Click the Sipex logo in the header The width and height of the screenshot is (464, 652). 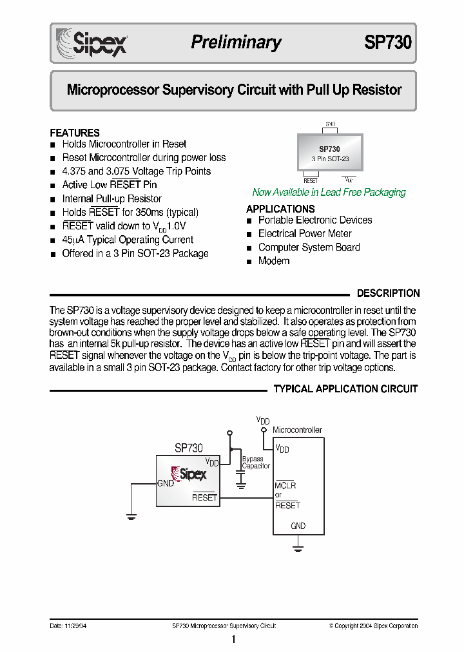pyautogui.click(x=92, y=43)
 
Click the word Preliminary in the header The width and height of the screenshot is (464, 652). pyautogui.click(x=236, y=43)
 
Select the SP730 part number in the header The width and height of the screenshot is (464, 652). pyautogui.click(x=387, y=43)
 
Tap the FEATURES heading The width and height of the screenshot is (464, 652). pyautogui.click(x=75, y=133)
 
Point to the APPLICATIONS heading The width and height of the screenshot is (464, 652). pyautogui.click(x=280, y=209)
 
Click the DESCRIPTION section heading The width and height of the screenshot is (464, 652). pyautogui.click(x=388, y=293)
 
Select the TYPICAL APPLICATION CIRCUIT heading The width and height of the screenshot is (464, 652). pyautogui.click(x=345, y=389)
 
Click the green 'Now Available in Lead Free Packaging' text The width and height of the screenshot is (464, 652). pyautogui.click(x=329, y=192)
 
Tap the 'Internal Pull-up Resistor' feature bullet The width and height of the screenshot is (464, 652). pyautogui.click(x=111, y=198)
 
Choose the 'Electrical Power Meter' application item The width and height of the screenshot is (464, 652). pyautogui.click(x=305, y=233)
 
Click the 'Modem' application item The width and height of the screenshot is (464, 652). pyautogui.click(x=274, y=261)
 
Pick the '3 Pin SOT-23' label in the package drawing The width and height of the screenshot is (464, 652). pyautogui.click(x=330, y=158)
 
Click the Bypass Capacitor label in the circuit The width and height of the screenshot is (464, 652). pyautogui.click(x=255, y=463)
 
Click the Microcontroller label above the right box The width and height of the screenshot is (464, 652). pyautogui.click(x=297, y=430)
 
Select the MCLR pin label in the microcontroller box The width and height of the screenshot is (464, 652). pyautogui.click(x=285, y=485)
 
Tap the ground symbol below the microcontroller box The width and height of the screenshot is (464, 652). pyautogui.click(x=298, y=548)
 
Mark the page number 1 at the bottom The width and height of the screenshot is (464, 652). pyautogui.click(x=233, y=640)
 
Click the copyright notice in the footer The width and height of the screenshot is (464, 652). pyautogui.click(x=373, y=626)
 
